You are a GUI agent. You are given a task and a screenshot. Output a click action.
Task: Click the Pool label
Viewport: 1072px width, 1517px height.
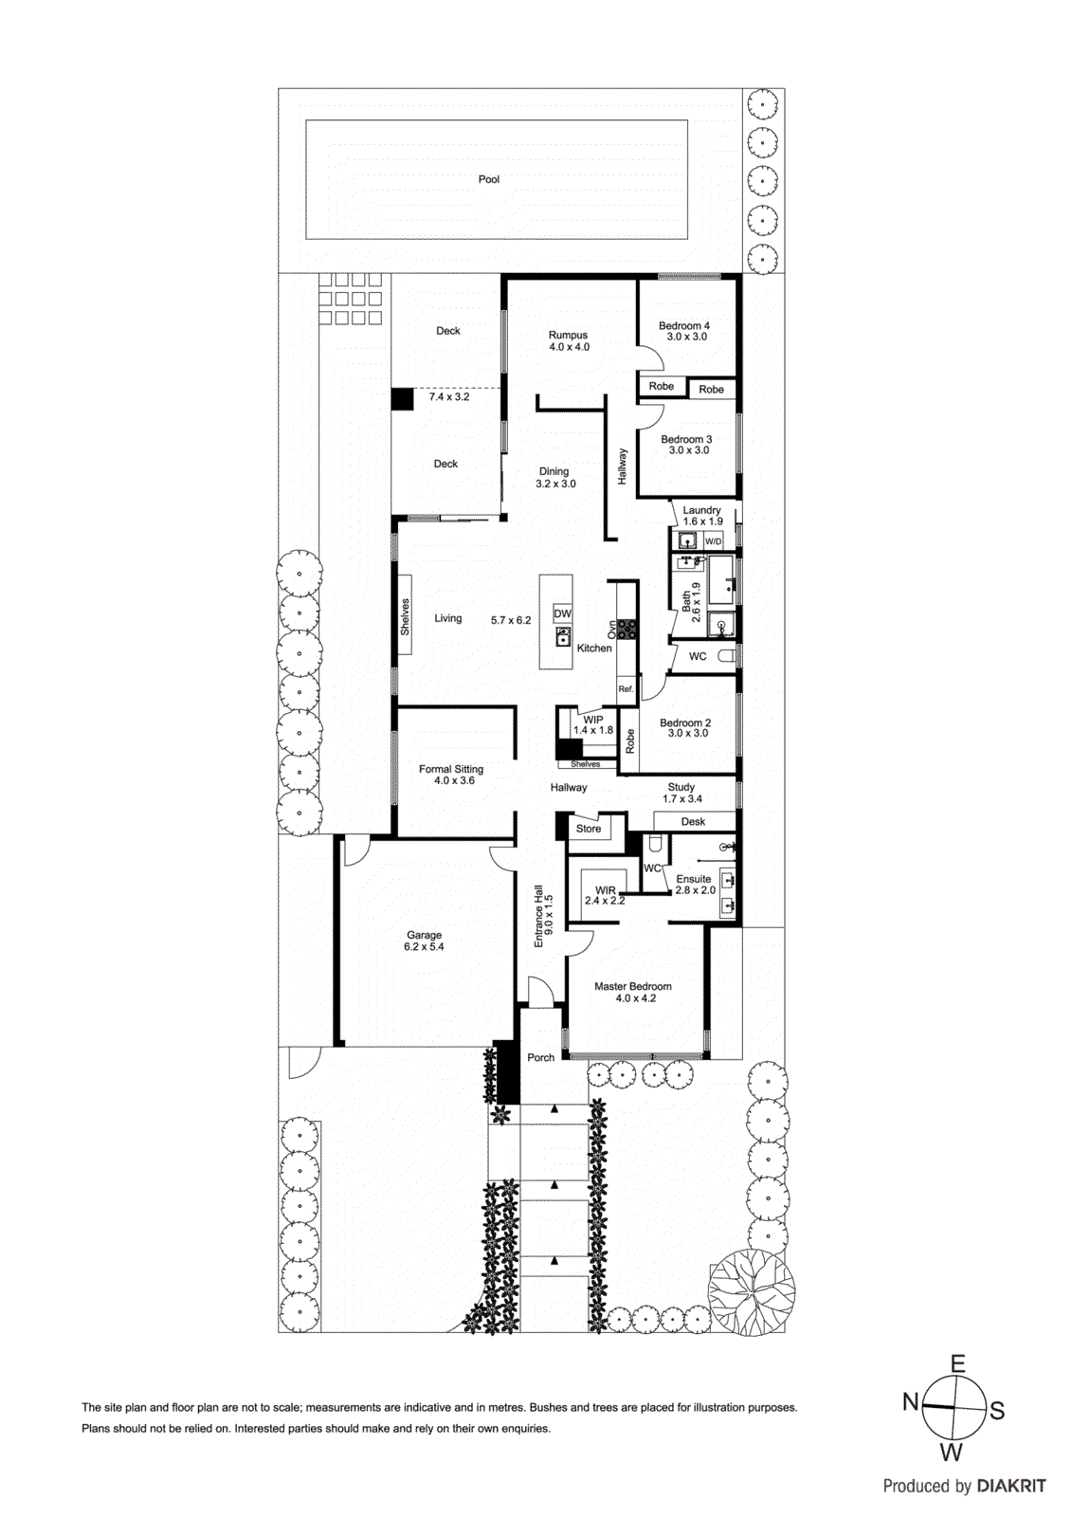pyautogui.click(x=489, y=179)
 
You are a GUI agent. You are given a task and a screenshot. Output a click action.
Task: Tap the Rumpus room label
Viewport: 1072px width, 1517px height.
pyautogui.click(x=568, y=335)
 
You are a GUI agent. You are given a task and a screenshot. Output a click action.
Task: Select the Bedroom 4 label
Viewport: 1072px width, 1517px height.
pyautogui.click(x=684, y=325)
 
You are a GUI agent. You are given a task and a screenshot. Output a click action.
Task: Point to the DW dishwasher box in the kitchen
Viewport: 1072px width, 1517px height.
pyautogui.click(x=563, y=613)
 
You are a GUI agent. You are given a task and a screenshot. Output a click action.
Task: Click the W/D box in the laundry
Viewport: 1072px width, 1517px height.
pyautogui.click(x=713, y=541)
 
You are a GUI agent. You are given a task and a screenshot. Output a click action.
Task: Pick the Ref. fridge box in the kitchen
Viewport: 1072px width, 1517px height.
pyautogui.click(x=626, y=689)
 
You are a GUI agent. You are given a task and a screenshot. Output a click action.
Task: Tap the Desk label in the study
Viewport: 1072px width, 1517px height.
pyautogui.click(x=693, y=822)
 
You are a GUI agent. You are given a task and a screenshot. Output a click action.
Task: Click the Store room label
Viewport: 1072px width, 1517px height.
pyautogui.click(x=589, y=829)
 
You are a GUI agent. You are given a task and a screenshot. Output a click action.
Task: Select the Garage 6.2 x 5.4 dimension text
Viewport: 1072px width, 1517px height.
pyautogui.click(x=424, y=947)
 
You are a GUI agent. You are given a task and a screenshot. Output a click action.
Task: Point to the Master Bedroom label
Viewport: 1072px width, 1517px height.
pyautogui.click(x=633, y=986)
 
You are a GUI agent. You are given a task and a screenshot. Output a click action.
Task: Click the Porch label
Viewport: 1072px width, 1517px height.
pyautogui.click(x=541, y=1058)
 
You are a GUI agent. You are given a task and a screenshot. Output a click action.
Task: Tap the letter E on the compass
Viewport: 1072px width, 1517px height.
pyautogui.click(x=958, y=1365)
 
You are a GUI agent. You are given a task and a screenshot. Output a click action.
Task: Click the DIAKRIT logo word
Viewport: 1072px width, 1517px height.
pyautogui.click(x=1011, y=1487)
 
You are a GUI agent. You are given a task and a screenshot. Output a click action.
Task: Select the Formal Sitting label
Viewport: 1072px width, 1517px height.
pyautogui.click(x=451, y=769)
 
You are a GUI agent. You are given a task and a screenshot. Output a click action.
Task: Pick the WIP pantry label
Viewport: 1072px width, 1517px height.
pyautogui.click(x=593, y=720)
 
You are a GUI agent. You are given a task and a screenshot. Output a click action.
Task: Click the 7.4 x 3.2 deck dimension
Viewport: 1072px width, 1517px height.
pyautogui.click(x=449, y=397)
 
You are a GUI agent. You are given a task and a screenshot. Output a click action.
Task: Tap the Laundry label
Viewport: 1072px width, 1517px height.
pyautogui.click(x=701, y=510)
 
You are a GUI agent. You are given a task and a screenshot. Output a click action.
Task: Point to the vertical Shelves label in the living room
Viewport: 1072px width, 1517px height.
pyautogui.click(x=405, y=617)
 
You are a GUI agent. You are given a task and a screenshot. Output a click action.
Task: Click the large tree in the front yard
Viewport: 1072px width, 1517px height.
pyautogui.click(x=752, y=1292)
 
